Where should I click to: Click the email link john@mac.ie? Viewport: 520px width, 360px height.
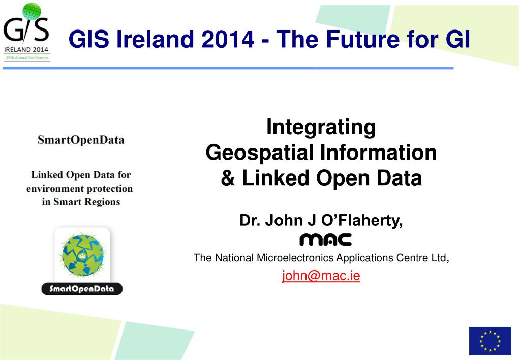[321, 276]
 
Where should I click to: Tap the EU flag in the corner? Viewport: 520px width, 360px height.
[490, 341]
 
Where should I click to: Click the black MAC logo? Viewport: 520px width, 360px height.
[325, 239]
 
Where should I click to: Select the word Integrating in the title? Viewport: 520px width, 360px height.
[321, 128]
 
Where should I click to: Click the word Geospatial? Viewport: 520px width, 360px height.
[260, 153]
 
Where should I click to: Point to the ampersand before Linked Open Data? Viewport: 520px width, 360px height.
[228, 178]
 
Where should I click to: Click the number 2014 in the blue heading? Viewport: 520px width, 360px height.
[228, 39]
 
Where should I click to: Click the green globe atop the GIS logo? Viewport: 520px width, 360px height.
[32, 11]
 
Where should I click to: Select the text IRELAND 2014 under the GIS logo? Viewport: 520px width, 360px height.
[26, 50]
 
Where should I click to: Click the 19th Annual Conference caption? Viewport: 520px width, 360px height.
[27, 58]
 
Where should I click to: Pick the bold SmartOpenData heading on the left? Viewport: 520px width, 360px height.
[81, 140]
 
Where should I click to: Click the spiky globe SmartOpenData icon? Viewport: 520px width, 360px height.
[82, 255]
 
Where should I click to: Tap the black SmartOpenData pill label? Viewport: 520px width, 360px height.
[82, 289]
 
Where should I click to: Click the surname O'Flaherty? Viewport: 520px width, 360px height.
[362, 220]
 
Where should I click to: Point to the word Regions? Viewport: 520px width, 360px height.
[103, 202]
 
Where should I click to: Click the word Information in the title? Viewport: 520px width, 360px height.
[378, 153]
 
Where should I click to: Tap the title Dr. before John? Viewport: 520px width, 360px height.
[250, 220]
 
